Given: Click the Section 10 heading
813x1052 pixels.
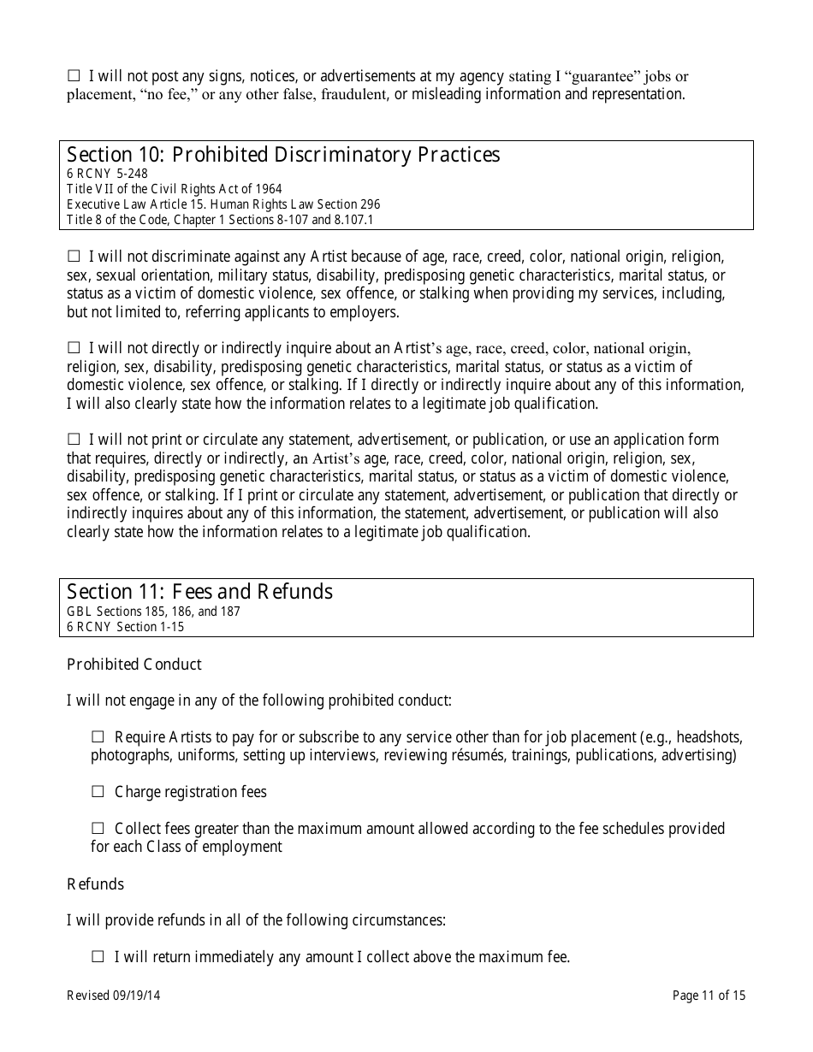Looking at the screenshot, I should pos(283,155).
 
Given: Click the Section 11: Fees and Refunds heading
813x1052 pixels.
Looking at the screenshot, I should pos(199,592).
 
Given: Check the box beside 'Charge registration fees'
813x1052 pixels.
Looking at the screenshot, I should pos(98,792).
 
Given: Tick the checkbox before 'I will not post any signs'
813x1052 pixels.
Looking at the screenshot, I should pos(74,76).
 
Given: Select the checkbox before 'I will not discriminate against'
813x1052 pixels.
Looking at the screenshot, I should pos(74,256).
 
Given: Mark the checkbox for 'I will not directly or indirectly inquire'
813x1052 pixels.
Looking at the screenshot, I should pos(74,348).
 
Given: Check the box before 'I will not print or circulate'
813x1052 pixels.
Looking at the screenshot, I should pos(74,440).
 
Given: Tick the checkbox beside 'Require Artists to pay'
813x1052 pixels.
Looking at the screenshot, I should pos(98,736).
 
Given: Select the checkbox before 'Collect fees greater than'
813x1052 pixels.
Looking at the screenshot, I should pos(98,828).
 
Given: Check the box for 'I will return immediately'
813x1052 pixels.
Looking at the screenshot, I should pos(98,957).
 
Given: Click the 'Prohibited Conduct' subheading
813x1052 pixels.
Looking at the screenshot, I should pos(134,665).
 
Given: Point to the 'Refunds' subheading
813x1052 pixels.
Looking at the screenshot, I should pos(95,884).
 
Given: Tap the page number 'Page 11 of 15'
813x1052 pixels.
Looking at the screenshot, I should pos(709,996).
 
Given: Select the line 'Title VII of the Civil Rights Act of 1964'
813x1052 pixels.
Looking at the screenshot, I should pos(174,189).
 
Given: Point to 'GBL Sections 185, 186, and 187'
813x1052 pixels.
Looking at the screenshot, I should pos(153,612).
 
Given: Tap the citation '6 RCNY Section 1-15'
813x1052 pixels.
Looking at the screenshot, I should pos(125,627).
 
